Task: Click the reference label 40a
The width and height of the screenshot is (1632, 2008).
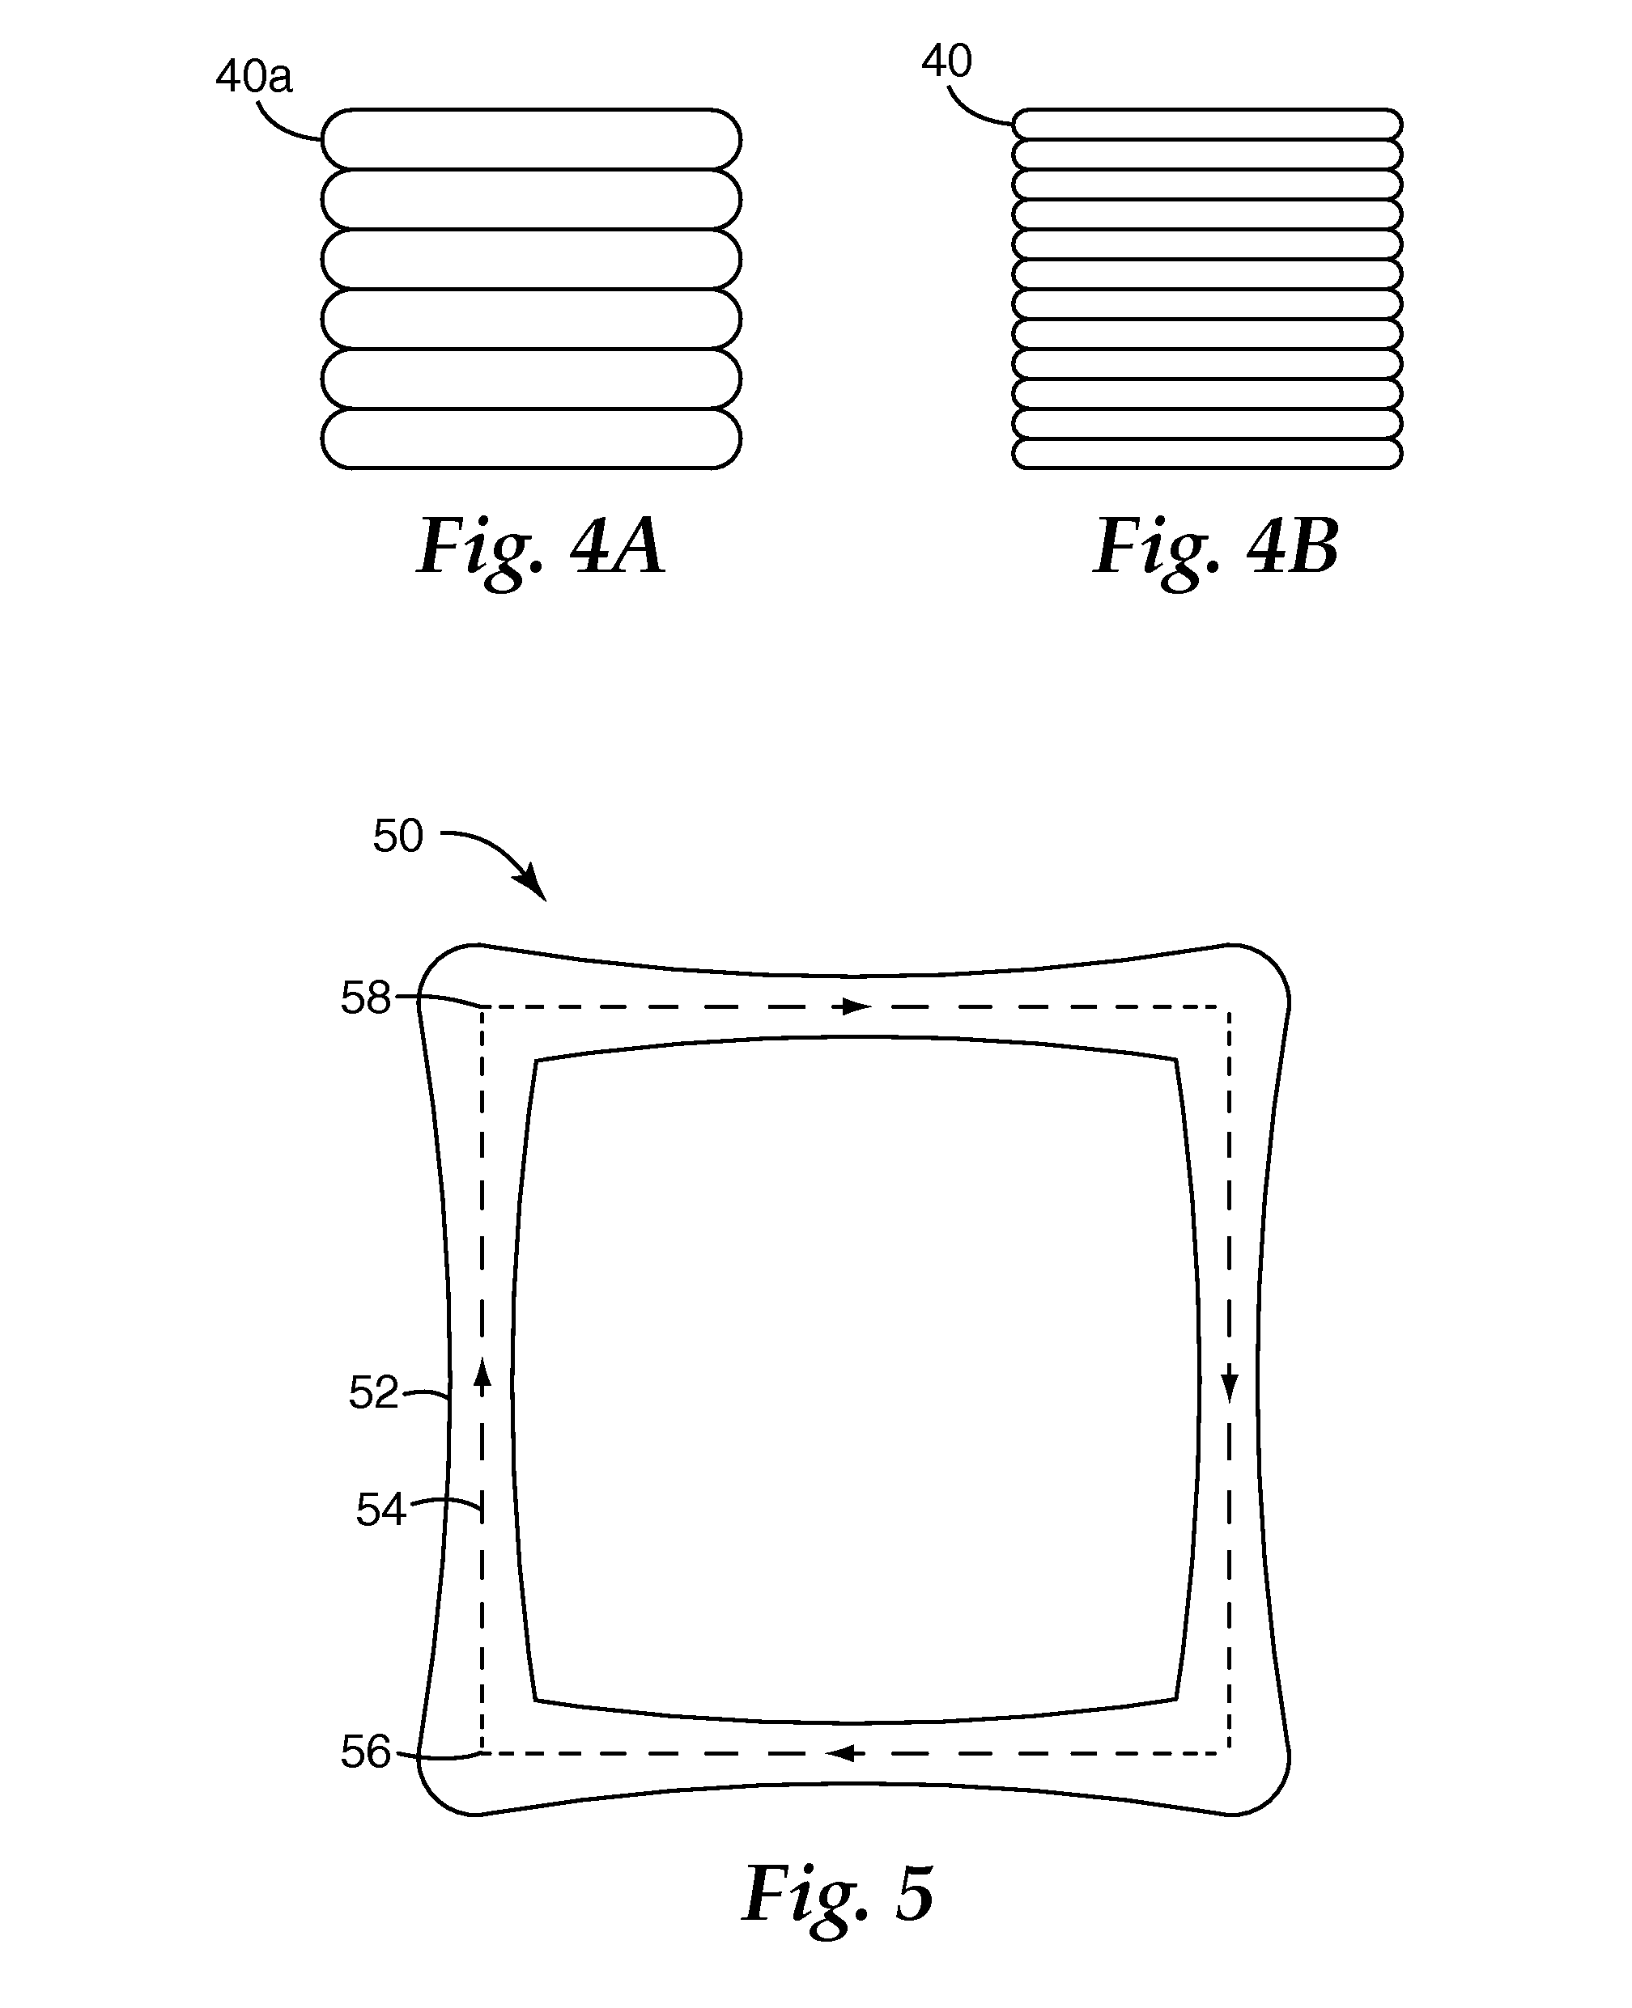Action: tap(254, 77)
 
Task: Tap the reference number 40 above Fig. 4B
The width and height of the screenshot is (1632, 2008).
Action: tap(946, 62)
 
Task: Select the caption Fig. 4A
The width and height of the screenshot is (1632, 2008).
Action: tap(541, 548)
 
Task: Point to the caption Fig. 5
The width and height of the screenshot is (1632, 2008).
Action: tap(838, 1894)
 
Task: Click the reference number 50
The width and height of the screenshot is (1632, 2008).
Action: tap(397, 836)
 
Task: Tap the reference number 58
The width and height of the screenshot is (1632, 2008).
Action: tap(365, 998)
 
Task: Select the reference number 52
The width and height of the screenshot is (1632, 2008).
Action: tap(373, 1392)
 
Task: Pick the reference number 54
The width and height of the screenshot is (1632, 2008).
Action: tap(380, 1510)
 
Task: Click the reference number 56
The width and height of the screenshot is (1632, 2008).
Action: tap(365, 1752)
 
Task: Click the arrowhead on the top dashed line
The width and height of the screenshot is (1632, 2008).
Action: tap(856, 1007)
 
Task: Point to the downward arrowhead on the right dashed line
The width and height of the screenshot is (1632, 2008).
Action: tap(1230, 1386)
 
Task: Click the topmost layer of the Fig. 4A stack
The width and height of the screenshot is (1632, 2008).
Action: tap(531, 139)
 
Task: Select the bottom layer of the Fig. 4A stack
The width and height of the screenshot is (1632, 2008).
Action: tap(531, 438)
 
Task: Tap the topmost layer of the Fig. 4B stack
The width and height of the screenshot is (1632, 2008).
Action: tap(1207, 124)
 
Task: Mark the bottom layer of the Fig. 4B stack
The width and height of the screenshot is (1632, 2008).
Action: tap(1207, 454)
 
